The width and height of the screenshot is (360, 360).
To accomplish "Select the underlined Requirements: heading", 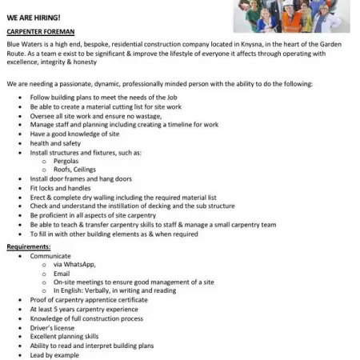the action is point(29,246).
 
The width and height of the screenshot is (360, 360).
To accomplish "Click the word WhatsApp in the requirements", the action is point(80,264).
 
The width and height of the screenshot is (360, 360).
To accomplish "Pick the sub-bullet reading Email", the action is point(62,274).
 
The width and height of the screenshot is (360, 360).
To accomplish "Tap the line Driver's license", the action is point(54,327).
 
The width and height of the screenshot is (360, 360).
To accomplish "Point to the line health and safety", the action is point(56,142).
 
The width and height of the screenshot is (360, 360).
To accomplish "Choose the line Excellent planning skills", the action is point(65,336).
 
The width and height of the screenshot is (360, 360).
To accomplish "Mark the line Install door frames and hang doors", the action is point(82,178).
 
